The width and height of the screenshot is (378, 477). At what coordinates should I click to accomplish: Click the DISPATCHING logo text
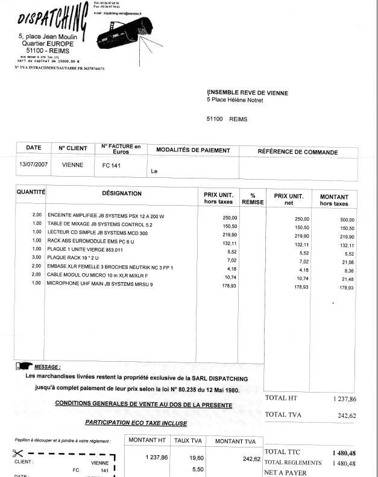[51, 18]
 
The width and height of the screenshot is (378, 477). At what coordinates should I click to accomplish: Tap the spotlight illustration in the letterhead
[124, 33]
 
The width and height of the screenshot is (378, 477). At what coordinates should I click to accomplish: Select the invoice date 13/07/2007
[33, 164]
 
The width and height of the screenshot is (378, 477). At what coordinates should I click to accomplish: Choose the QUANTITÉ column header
[31, 192]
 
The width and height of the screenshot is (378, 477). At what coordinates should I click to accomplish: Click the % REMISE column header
[253, 198]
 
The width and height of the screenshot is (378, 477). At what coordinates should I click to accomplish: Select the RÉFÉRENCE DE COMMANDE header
[298, 152]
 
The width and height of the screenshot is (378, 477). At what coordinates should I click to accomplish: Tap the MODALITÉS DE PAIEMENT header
[193, 150]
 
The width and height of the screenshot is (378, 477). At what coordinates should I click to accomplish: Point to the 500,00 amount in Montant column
[347, 220]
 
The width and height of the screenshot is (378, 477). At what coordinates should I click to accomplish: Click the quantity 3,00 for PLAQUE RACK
[37, 257]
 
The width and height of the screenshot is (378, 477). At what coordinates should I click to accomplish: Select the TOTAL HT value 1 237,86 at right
[344, 399]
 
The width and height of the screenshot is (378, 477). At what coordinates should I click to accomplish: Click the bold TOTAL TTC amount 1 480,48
[344, 452]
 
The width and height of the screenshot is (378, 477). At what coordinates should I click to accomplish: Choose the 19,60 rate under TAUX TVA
[189, 458]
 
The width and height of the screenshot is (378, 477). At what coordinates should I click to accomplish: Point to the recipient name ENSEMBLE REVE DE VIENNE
[248, 93]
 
